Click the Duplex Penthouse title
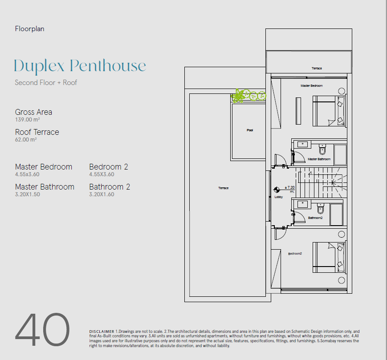80,66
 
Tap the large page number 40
42,329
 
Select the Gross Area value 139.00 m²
28,120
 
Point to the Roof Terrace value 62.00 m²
26,140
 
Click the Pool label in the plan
250,130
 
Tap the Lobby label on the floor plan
279,197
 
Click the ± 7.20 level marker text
289,188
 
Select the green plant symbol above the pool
248,95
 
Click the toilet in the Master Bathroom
322,149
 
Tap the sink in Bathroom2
302,204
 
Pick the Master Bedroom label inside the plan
311,86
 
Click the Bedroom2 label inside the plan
295,254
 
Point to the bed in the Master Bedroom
329,111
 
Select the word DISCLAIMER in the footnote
102,332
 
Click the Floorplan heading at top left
30,29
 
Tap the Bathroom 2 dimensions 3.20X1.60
102,194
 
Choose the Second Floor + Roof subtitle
46,83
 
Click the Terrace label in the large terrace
224,188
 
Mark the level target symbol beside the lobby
277,190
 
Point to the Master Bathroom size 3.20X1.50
28,194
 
